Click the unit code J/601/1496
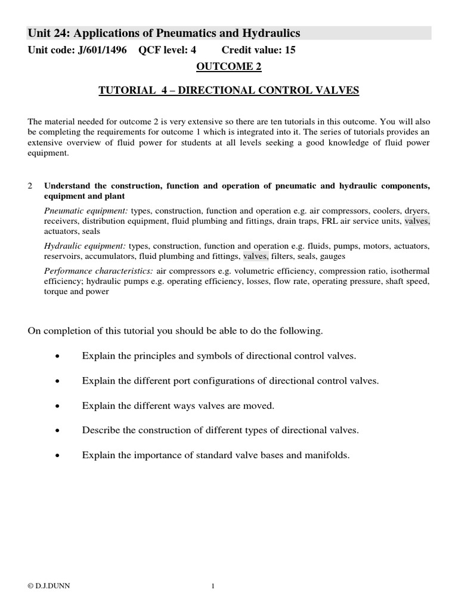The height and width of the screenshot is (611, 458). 103,51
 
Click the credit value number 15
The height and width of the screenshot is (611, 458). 290,51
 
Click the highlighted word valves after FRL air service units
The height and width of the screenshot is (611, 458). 417,221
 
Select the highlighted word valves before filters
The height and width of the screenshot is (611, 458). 256,257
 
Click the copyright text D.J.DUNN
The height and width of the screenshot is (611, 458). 44,587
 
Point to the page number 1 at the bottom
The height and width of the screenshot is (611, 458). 213,587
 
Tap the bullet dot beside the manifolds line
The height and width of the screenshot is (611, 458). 57,455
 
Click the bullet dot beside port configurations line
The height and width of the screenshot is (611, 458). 57,381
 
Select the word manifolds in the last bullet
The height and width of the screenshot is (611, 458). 328,455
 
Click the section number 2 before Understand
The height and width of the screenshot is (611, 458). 30,186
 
